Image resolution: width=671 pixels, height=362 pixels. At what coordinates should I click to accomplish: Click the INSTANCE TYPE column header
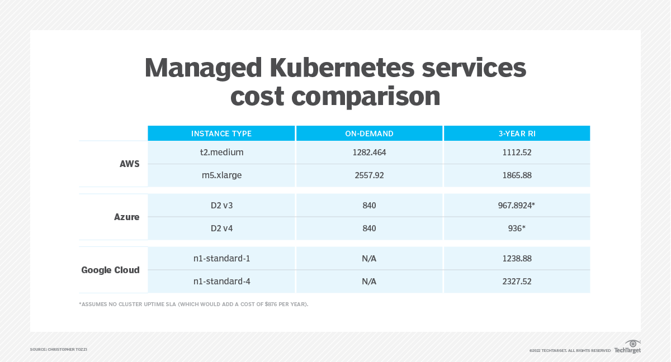(221, 134)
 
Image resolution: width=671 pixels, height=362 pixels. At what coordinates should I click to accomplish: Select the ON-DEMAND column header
(369, 134)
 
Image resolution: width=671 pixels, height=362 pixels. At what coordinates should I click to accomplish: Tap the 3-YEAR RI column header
(517, 134)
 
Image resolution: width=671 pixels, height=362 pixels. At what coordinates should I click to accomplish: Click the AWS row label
(129, 164)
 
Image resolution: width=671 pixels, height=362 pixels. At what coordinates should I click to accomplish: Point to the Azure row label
(127, 217)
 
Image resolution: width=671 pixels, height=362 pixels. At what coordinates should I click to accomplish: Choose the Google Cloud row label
(111, 270)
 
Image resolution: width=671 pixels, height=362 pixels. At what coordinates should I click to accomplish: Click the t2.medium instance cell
(222, 152)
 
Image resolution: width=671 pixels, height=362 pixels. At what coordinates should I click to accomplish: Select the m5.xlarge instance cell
(222, 175)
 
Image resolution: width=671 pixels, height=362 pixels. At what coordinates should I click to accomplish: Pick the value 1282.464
(369, 152)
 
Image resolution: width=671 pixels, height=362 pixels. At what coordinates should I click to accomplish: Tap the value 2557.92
(369, 175)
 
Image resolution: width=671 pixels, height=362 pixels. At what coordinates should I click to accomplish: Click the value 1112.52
(517, 152)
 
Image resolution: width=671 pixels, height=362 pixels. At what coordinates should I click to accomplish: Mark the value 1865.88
(517, 175)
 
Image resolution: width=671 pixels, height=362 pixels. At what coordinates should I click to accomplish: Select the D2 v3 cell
(222, 206)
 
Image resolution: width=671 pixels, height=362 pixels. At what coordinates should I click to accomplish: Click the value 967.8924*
(517, 206)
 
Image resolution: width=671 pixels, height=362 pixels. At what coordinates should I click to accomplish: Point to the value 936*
(517, 228)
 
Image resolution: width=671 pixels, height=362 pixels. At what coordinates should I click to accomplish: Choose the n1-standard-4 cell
(222, 282)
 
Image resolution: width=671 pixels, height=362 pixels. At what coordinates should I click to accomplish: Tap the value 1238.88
(517, 259)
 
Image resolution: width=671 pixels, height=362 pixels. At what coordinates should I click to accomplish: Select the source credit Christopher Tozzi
(59, 350)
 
